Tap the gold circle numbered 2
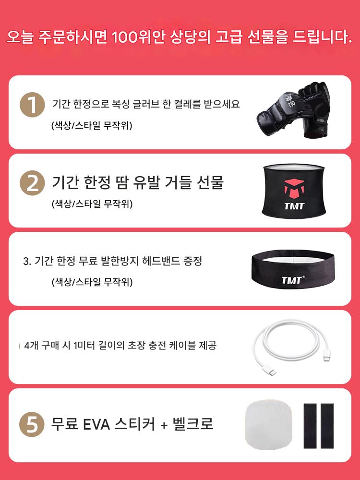click(33, 183)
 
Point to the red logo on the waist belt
click(294, 189)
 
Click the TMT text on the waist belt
click(294, 206)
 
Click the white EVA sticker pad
click(268, 424)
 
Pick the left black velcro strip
click(310, 426)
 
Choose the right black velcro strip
click(327, 426)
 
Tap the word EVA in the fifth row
click(96, 424)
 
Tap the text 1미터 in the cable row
click(84, 346)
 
